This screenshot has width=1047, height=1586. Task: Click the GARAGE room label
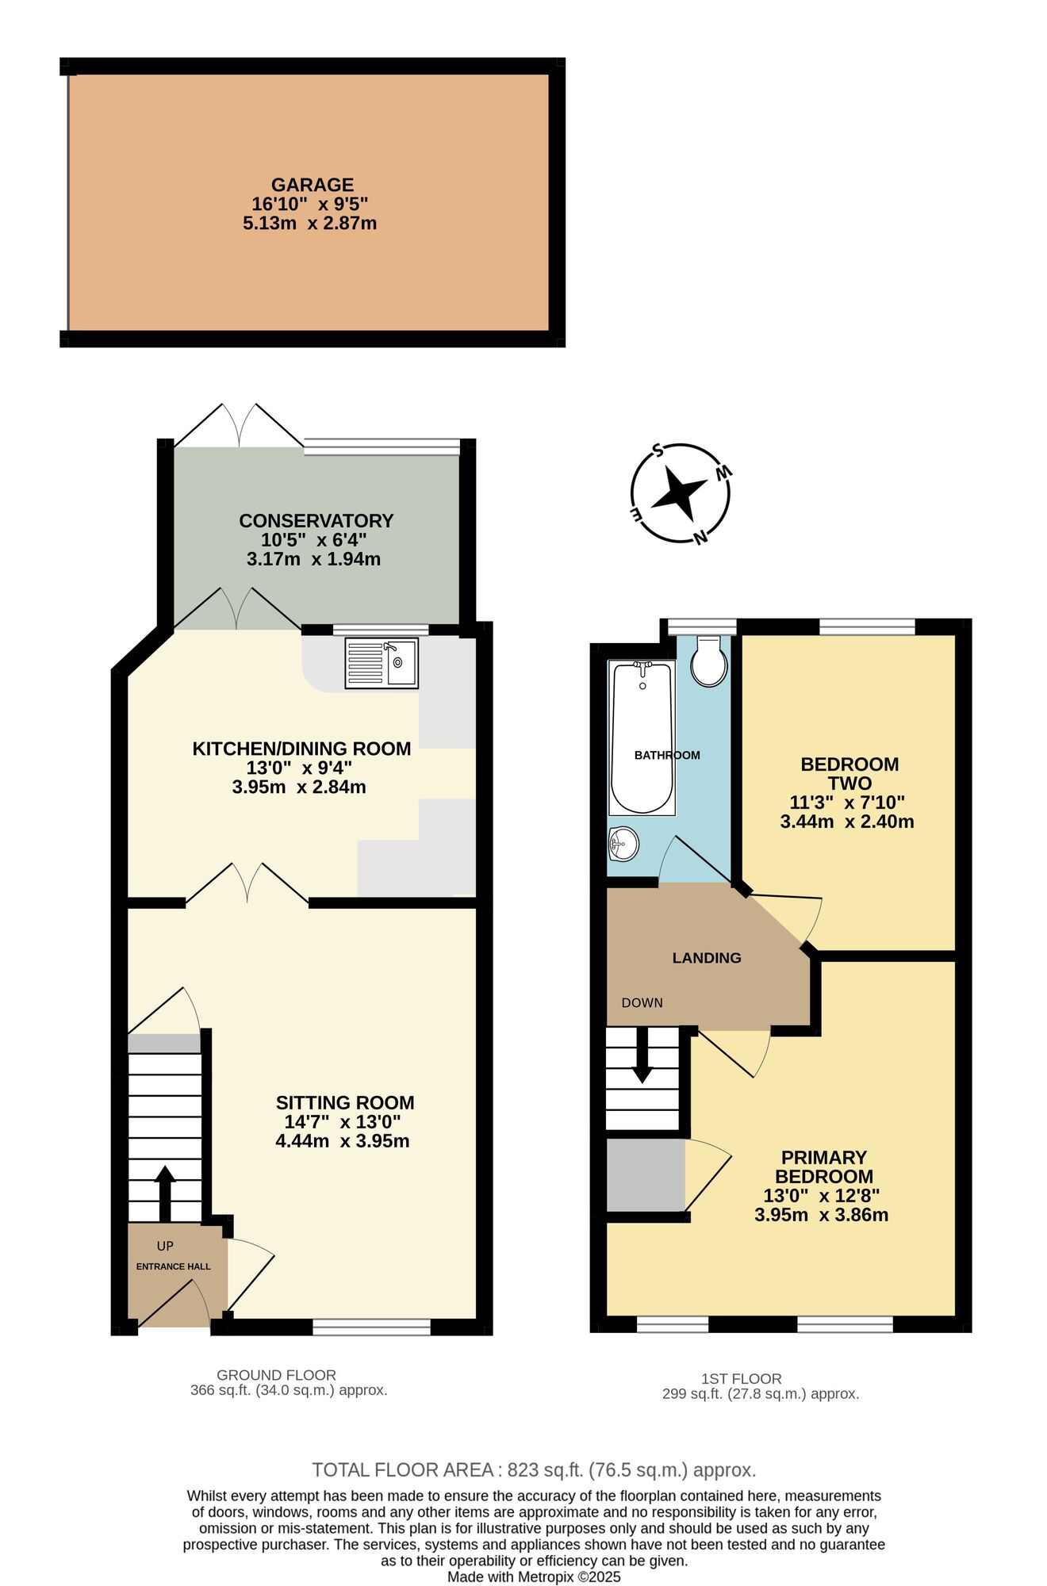(312, 185)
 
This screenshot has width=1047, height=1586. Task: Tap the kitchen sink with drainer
(382, 663)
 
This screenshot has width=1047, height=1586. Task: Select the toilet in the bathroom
(708, 662)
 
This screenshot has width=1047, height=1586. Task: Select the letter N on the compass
(700, 538)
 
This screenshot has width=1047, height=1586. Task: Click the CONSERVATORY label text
(316, 521)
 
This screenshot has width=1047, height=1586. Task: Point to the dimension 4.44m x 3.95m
(342, 1141)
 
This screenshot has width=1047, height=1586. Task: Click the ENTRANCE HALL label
(173, 1266)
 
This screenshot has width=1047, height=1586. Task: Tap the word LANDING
(706, 958)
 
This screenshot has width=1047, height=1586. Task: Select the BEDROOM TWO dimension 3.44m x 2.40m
(846, 822)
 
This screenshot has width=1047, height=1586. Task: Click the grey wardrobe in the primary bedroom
(645, 1174)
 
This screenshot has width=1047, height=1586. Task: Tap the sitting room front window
(371, 1327)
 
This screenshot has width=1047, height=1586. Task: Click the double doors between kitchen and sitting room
(247, 885)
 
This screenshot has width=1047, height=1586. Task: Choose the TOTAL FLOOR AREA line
(533, 1470)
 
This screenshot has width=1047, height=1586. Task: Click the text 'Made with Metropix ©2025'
(533, 1577)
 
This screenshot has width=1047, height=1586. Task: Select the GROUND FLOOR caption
(276, 1375)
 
